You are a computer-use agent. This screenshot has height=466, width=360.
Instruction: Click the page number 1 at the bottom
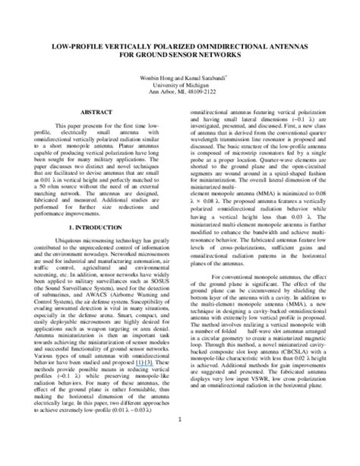click(179, 420)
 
